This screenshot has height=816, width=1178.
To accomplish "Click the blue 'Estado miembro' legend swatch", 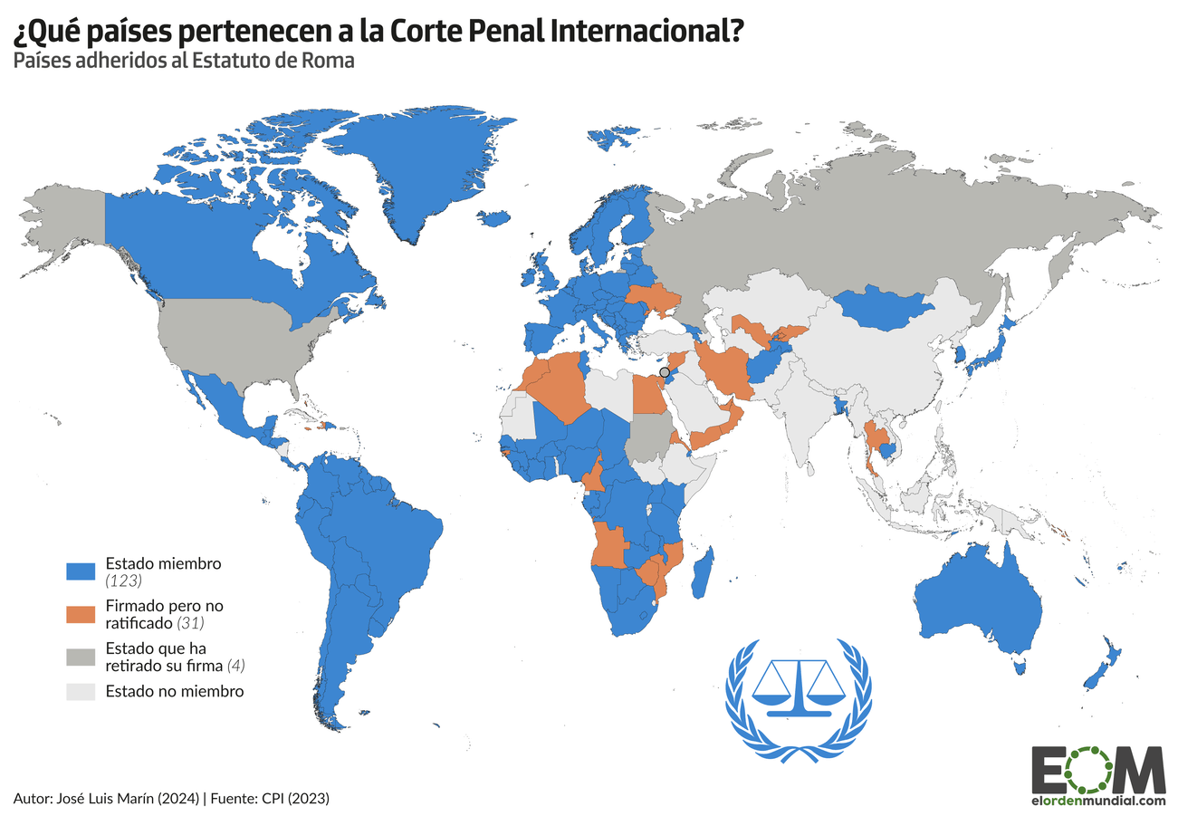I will [x=81, y=571].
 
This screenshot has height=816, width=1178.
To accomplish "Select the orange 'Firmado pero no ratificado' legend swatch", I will [x=81, y=613].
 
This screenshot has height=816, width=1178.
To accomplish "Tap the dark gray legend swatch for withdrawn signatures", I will [x=81, y=656].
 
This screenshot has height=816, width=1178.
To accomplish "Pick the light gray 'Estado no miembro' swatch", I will [x=81, y=692].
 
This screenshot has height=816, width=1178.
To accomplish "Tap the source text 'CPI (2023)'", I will [x=294, y=798].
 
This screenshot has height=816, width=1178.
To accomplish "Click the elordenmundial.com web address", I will [x=1097, y=801].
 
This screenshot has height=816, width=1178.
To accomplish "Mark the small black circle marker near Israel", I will [x=665, y=372].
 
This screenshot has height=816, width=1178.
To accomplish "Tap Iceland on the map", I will [x=494, y=218].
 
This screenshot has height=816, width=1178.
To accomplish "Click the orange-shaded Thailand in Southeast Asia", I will [x=873, y=444].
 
